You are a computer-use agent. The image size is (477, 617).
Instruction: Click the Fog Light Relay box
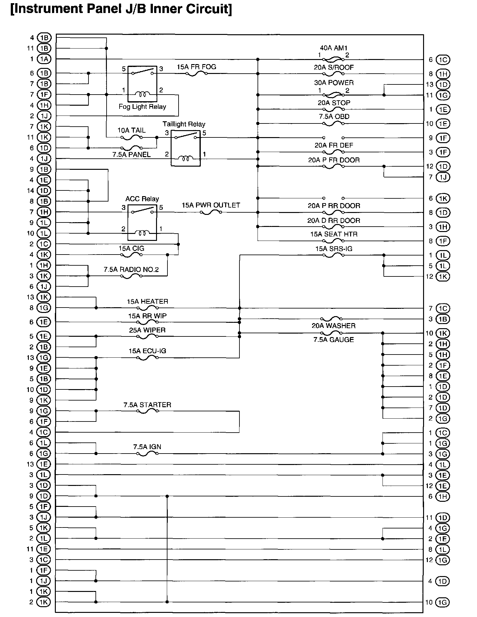coord(142,84)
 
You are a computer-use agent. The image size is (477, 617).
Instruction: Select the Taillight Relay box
coord(186,148)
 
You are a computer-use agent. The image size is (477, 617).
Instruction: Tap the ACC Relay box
coord(142,222)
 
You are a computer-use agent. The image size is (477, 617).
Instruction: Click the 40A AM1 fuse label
coord(334,48)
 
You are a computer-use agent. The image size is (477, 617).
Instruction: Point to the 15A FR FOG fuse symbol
coord(196,74)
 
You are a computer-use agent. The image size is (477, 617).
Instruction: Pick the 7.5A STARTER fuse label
coord(147,405)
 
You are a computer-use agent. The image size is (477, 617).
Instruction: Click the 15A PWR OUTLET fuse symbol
coord(211,212)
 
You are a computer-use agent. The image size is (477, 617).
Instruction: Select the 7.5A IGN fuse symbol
coord(147,454)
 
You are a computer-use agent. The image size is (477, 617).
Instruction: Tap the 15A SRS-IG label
coord(334,249)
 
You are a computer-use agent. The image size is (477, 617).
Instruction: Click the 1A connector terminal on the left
coord(44,59)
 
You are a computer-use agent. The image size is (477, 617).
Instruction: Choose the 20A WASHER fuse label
coord(333,326)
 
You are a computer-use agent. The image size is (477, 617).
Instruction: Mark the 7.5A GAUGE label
coord(333,340)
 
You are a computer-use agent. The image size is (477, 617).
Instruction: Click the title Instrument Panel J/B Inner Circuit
coord(121,9)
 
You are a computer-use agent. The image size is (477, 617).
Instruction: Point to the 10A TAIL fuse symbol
coord(132,137)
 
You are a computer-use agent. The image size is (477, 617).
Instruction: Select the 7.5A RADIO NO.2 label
coord(131,270)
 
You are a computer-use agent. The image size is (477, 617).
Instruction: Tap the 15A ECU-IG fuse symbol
coord(147,358)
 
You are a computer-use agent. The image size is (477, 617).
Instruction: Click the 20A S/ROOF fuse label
coord(334,68)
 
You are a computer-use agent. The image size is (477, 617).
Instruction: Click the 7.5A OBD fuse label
coord(334,117)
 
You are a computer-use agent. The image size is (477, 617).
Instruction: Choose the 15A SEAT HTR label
coord(334,235)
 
